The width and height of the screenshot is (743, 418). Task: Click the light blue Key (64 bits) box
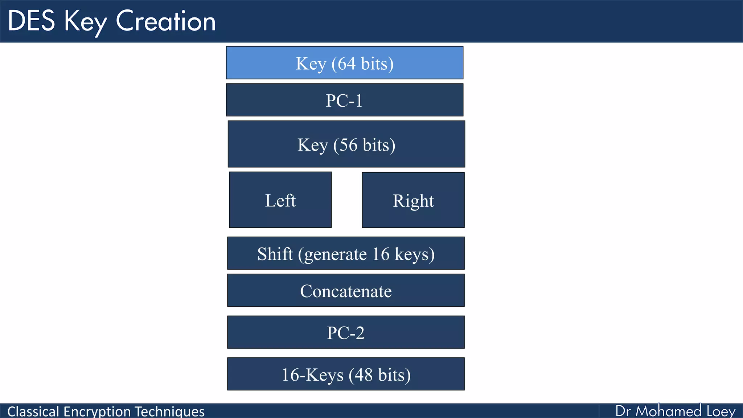(344, 63)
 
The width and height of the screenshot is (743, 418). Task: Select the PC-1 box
(344, 100)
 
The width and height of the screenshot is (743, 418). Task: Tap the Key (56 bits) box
(346, 144)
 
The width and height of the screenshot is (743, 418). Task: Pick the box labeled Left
(280, 200)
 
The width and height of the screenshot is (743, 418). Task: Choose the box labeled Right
(413, 200)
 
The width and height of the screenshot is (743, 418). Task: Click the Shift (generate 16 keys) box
(345, 253)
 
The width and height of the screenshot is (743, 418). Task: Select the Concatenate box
(345, 291)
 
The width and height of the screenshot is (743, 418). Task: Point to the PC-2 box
(345, 332)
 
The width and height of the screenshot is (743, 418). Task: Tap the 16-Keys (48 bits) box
(345, 374)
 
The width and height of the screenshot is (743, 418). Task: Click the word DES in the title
(32, 21)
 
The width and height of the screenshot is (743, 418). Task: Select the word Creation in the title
(166, 21)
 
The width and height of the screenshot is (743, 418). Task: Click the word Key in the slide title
(85, 22)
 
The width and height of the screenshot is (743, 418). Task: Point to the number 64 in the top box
(346, 63)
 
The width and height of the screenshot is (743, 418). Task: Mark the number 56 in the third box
(348, 145)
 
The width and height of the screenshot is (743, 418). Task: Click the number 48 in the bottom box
(364, 375)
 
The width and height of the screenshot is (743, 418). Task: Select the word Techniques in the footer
(169, 411)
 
